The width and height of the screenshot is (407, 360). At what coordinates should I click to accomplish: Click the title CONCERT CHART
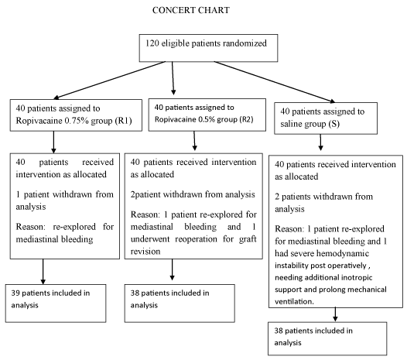point(191,10)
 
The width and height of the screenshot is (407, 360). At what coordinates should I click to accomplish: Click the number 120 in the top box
point(152,43)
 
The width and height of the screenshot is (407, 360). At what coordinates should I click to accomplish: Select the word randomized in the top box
point(245,43)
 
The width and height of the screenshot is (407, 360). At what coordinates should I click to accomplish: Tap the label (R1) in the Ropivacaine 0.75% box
point(124,121)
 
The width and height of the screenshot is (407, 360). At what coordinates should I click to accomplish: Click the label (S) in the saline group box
point(333,124)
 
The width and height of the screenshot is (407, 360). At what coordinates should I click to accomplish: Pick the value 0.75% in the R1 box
point(77,121)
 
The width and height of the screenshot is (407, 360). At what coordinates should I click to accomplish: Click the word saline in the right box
point(289,124)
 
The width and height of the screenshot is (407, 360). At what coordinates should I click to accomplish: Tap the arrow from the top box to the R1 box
point(110,80)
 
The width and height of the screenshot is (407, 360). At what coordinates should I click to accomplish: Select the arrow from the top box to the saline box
point(275,82)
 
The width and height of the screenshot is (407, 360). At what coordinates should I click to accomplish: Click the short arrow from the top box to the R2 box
point(173,78)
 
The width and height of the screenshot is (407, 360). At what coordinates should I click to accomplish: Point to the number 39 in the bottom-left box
point(15,293)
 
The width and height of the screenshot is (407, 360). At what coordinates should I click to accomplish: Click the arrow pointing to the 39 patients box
point(43,272)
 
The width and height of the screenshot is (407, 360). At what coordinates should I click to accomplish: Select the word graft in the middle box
point(248,239)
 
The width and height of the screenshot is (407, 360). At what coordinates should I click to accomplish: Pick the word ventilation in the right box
point(294,302)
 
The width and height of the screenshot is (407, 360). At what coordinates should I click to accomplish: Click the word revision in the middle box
point(145,252)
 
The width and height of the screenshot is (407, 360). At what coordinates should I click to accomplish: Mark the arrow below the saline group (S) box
point(320,142)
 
